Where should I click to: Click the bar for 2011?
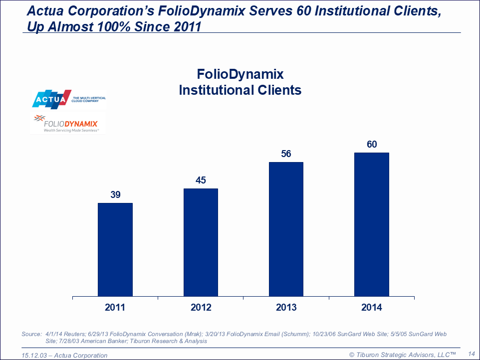[x=115, y=249]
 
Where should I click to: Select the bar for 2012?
[x=201, y=242]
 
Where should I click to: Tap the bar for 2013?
[x=286, y=229]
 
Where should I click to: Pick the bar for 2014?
[x=371, y=224]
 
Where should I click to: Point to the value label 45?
[x=201, y=180]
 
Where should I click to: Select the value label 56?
[x=286, y=154]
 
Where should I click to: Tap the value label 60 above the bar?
[x=371, y=145]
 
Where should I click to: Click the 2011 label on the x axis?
[x=115, y=307]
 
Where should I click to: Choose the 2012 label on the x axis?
[x=201, y=307]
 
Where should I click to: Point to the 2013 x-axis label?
[x=286, y=307]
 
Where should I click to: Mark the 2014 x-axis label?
[x=371, y=307]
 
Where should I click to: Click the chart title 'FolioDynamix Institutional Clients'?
[x=240, y=82]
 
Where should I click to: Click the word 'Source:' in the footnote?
[x=32, y=334]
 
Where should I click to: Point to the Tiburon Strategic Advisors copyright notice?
[x=403, y=355]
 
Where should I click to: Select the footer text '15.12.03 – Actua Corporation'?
[x=65, y=355]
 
